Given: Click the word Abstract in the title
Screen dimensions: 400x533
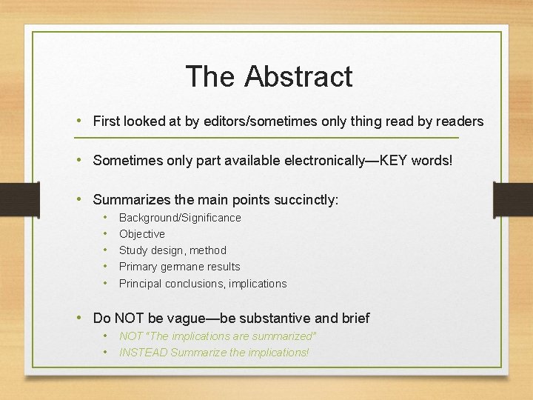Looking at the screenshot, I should point(298,76).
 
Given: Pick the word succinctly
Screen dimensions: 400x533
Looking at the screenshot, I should point(305,199).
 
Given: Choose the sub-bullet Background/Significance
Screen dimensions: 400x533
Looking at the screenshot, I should point(180,218).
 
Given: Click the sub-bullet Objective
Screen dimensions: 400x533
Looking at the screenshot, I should point(142,234).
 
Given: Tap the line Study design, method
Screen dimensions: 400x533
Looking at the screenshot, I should point(172,250).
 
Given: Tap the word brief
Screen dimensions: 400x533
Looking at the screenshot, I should point(352,319).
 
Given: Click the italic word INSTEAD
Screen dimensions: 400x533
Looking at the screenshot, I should point(143,353).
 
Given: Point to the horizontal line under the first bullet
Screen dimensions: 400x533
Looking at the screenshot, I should point(266,139).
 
